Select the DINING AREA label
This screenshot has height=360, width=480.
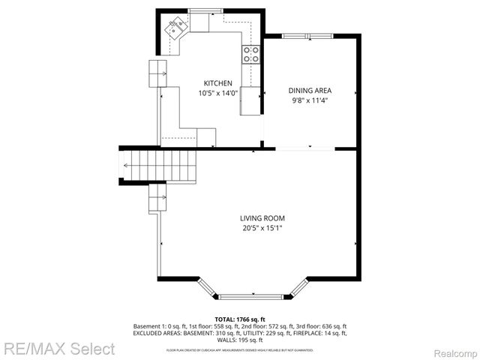(309, 90)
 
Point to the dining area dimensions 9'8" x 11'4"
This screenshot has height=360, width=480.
(309, 100)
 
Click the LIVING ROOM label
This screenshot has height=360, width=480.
(262, 218)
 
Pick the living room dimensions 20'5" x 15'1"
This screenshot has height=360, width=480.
(262, 228)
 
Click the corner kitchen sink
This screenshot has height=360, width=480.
(178, 28)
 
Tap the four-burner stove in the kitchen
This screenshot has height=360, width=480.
(251, 53)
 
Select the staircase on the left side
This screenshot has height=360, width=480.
(159, 164)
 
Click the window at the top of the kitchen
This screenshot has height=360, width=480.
(199, 10)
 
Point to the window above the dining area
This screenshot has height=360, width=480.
(308, 36)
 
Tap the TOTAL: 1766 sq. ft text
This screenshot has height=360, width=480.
(239, 319)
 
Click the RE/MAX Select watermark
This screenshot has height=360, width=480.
(58, 349)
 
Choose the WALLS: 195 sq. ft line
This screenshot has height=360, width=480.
(239, 340)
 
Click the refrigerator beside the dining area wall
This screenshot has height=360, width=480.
(250, 100)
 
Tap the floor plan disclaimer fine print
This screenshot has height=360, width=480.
(239, 349)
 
